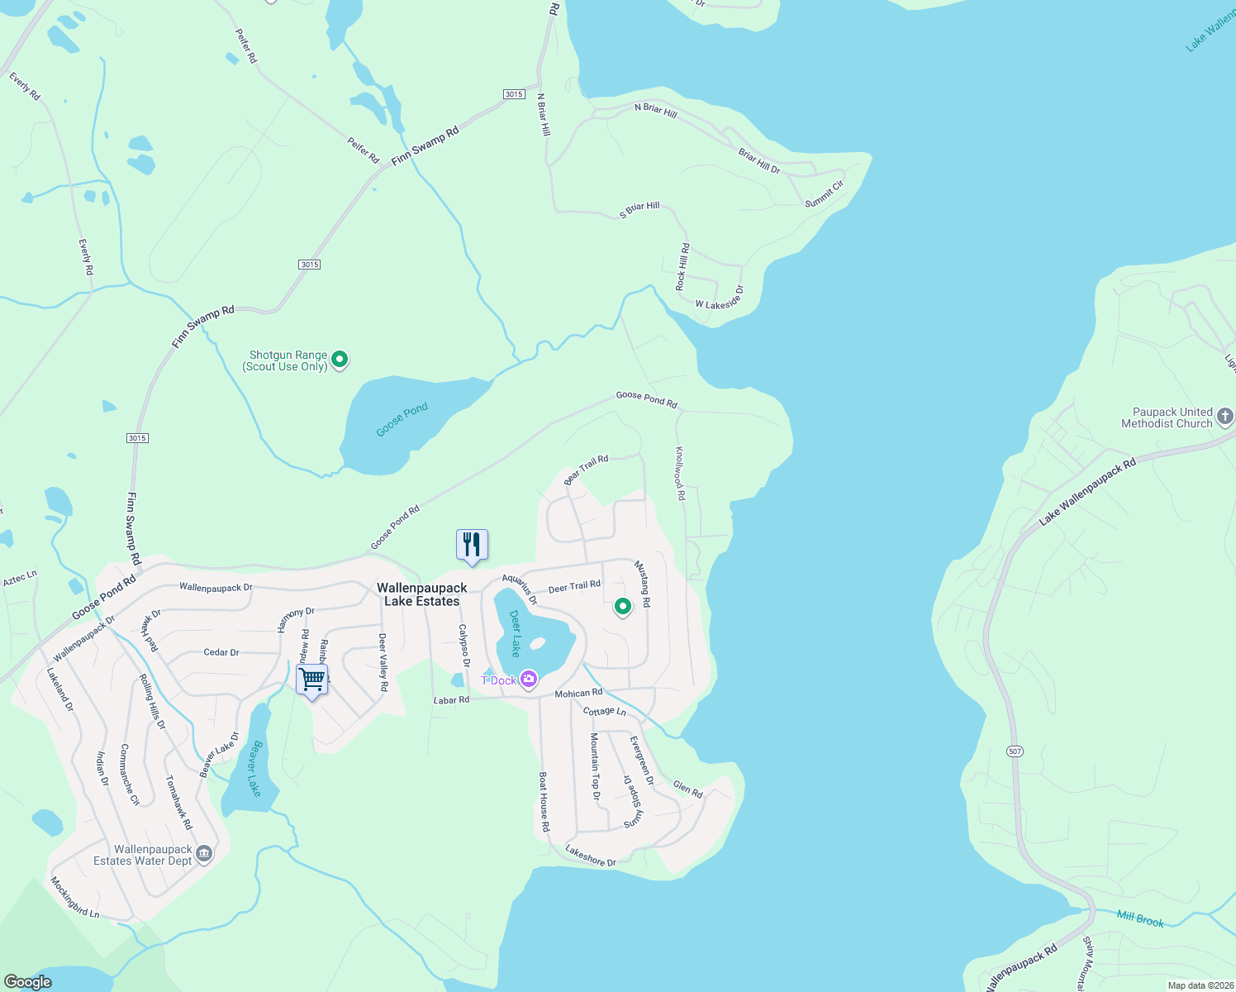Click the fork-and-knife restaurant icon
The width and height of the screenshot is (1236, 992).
coord(472,545)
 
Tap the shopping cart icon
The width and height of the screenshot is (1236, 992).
coord(312,680)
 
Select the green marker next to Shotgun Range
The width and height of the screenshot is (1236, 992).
coord(340,360)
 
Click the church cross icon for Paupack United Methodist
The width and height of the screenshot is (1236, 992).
coord(1225,417)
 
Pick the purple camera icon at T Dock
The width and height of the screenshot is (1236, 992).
coord(529,680)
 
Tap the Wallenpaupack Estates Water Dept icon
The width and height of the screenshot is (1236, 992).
coord(203,855)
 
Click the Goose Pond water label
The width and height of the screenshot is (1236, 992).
coord(402,419)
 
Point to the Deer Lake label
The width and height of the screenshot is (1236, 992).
coord(515,633)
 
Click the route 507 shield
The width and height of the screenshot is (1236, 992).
coord(1015,751)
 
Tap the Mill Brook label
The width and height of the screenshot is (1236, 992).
coord(1140,918)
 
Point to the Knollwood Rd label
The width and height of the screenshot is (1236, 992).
coord(680,474)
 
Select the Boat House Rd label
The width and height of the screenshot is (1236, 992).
coord(544,801)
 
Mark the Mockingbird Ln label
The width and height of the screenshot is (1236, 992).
coord(74,898)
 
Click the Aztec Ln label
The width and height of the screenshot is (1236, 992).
coord(20,578)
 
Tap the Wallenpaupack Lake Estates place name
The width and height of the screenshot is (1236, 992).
coord(422,594)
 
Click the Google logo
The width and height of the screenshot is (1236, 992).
coord(28,981)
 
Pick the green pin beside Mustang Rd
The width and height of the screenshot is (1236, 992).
coord(623,607)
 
